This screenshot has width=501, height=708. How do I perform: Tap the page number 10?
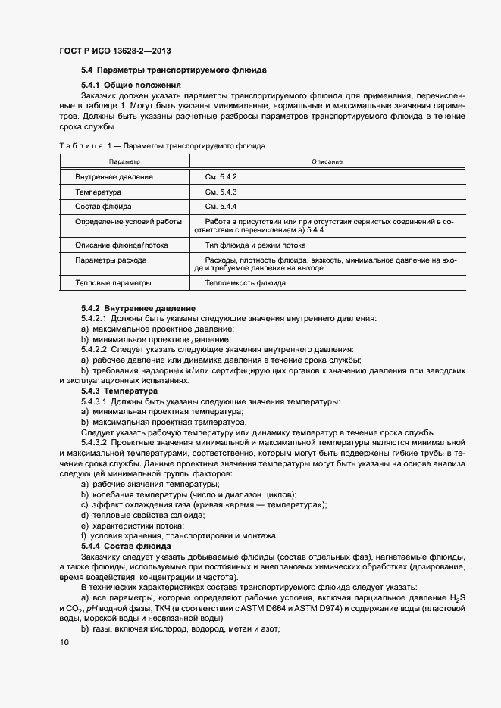click(x=64, y=643)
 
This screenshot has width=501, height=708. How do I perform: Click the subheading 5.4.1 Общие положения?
click(x=131, y=85)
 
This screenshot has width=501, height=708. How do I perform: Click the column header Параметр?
click(x=124, y=161)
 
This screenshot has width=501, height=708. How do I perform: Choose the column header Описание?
click(x=327, y=161)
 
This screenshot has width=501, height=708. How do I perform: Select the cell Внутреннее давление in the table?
click(x=114, y=176)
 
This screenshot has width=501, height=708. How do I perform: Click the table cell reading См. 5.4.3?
click(x=221, y=192)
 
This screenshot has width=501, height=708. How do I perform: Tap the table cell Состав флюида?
click(x=103, y=206)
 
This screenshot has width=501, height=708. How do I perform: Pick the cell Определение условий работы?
click(x=128, y=222)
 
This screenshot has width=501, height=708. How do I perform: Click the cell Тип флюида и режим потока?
click(x=255, y=245)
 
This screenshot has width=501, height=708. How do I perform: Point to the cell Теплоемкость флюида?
click(x=245, y=283)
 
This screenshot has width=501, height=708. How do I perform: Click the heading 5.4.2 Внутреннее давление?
click(x=138, y=309)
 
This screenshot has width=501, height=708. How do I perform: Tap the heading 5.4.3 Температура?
click(x=119, y=391)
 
